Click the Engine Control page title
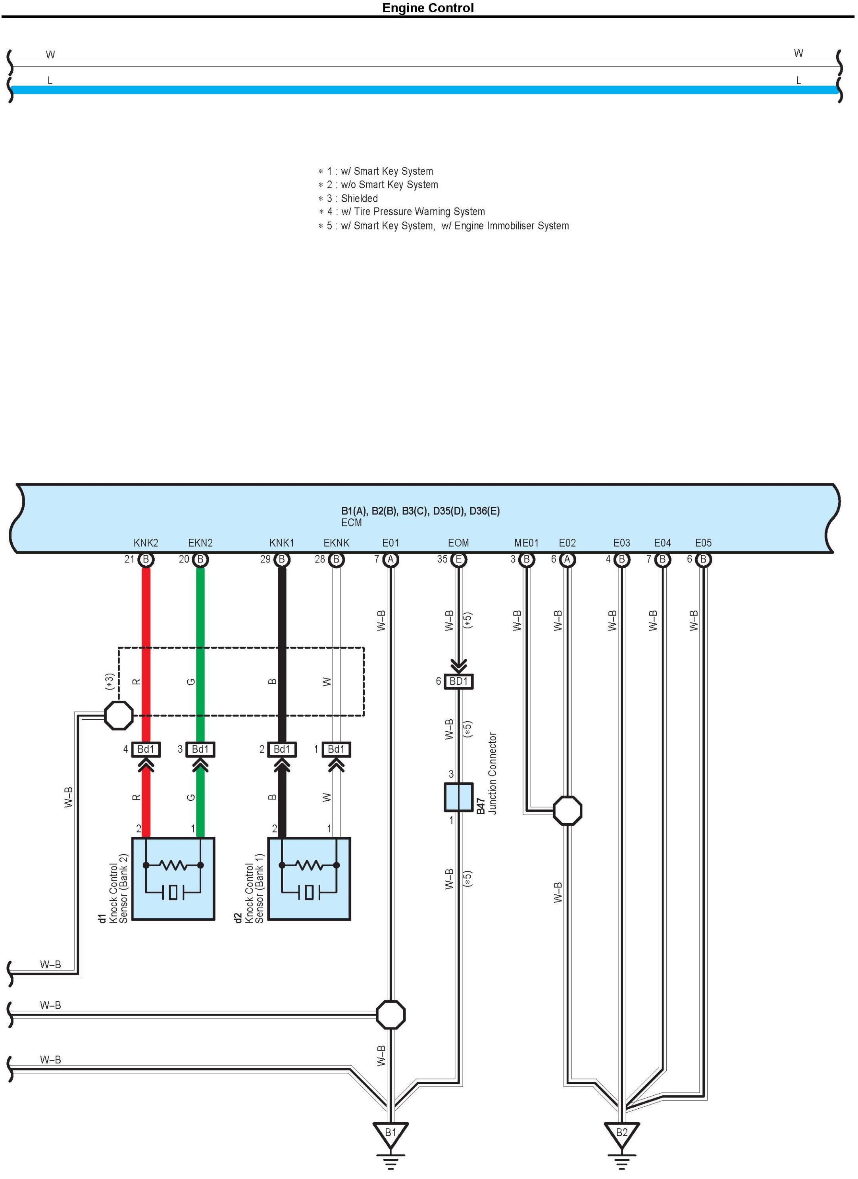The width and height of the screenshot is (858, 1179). pos(428,8)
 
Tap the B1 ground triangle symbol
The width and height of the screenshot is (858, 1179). pos(390,1134)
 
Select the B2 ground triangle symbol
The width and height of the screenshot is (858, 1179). pos(621,1134)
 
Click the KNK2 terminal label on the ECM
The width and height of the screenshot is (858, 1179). pos(146,543)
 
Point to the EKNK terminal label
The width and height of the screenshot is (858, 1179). pos(336,543)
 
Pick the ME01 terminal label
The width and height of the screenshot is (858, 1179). pos(526,543)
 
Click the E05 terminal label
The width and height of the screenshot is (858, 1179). pos(703,543)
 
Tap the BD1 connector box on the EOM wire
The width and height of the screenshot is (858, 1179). pos(458,681)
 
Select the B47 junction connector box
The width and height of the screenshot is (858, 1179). pos(458,797)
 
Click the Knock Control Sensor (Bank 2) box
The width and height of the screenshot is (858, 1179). pos(173,879)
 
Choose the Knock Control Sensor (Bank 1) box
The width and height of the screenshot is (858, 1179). pos(309,879)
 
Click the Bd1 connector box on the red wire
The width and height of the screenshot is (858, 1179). pos(146,749)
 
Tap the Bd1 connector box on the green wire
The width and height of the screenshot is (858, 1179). pos(200,749)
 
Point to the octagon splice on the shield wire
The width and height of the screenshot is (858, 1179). pos(119,715)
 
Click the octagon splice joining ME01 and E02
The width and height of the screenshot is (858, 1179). pos(567,811)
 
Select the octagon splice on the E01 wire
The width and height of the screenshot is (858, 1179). pos(390,1014)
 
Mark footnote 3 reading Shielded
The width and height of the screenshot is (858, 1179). pos(348,198)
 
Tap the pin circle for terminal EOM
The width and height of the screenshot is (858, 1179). pos(458,559)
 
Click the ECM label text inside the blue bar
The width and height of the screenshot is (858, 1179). pos(351,522)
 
